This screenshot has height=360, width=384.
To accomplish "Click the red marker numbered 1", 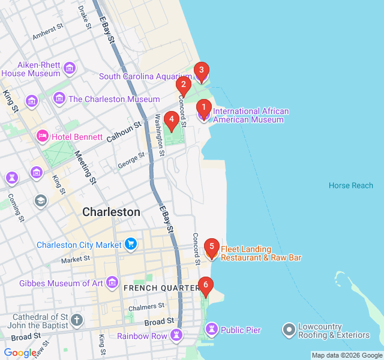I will [203, 109].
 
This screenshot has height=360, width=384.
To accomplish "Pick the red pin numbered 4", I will [172, 120].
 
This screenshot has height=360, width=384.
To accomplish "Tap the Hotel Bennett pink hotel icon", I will [42, 137].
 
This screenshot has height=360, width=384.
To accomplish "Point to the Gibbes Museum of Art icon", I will [112, 283].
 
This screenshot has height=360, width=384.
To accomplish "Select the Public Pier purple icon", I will [211, 329].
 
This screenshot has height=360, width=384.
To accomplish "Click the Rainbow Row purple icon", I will [176, 335].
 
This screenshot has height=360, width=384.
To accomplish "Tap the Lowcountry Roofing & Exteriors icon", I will [289, 330].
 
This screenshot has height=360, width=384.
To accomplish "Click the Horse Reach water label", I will [351, 185].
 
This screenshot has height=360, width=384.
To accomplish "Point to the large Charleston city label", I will [111, 212].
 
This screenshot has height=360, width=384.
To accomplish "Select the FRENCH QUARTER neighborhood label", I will [161, 288].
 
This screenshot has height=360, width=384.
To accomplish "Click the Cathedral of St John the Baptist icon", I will [77, 320].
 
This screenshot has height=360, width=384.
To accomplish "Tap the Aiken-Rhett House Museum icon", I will [70, 68].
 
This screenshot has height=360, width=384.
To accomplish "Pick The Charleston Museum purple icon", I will [59, 98].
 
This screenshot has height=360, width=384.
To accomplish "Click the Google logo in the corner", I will [19, 353].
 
